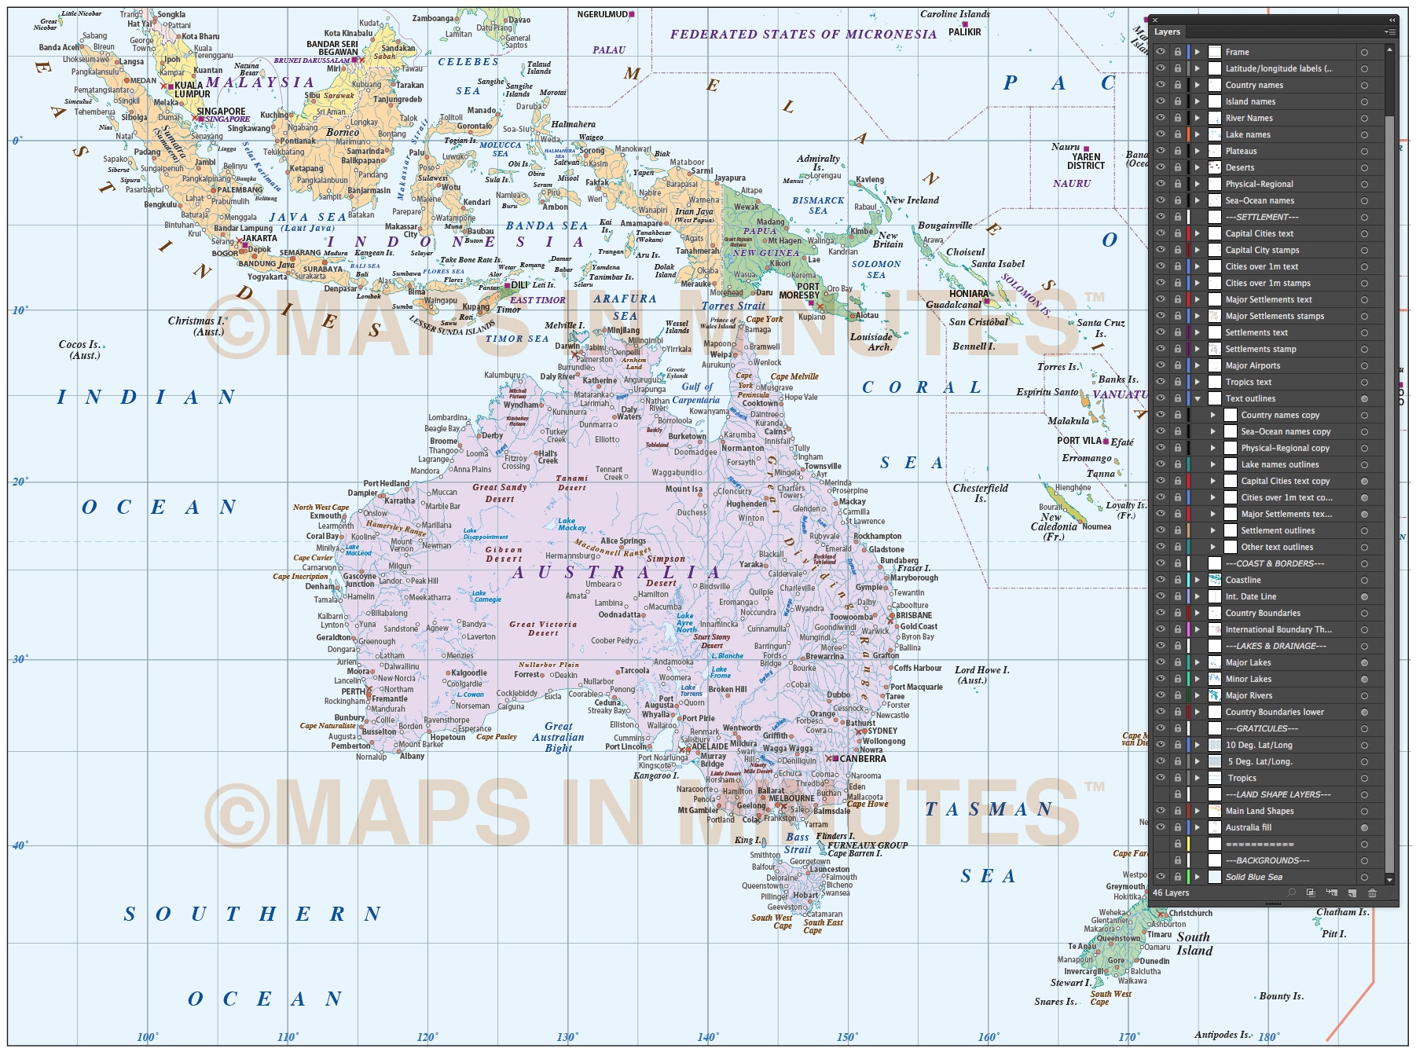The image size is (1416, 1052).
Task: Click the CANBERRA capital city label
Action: pos(862,759)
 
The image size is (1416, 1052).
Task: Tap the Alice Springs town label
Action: pos(622,541)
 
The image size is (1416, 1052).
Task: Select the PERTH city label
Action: pos(353,691)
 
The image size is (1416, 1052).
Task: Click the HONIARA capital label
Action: pos(968,293)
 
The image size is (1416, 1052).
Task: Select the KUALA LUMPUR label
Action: pos(193,90)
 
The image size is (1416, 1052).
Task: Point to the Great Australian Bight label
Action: pos(558,737)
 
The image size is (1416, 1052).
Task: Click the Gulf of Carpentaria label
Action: pos(696,393)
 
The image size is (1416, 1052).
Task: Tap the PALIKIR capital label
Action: pos(964,32)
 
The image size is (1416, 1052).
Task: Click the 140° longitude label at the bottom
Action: pos(707,1037)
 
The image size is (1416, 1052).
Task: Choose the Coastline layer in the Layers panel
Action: pos(1243,580)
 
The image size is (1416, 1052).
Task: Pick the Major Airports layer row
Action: pos(1253,365)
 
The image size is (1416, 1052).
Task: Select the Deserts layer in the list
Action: pos(1239,167)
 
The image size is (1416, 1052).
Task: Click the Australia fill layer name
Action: pos(1248,827)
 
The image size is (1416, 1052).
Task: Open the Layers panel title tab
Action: pos(1167,32)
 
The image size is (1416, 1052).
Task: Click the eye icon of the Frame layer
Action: pos(1161,52)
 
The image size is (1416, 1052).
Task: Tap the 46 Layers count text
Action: pos(1171,893)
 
